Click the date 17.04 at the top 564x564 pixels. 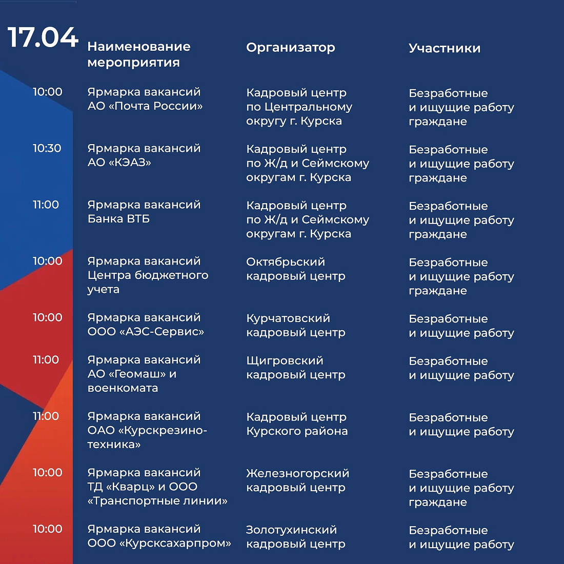click(43, 37)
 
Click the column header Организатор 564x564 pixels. click(290, 48)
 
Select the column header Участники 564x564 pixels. click(445, 48)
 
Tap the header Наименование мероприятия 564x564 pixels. click(138, 54)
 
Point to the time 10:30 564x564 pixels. click(47, 148)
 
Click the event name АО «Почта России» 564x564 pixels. click(145, 106)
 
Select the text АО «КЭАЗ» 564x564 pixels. click(119, 163)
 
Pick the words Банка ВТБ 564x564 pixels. click(118, 219)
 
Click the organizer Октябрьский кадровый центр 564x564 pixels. click(295, 269)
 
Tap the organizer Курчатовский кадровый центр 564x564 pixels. click(295, 326)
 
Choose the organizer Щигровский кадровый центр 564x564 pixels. click(295, 368)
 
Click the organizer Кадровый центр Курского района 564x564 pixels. click(297, 424)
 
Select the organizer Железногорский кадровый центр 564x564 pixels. click(297, 480)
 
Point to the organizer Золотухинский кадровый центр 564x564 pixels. click(295, 537)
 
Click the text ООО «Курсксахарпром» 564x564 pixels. click(159, 543)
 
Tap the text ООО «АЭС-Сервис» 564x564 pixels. click(146, 332)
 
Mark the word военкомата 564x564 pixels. click(123, 388)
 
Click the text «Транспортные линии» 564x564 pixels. click(157, 501)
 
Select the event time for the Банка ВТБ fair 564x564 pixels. click(46, 205)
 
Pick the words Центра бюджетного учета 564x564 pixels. click(148, 282)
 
